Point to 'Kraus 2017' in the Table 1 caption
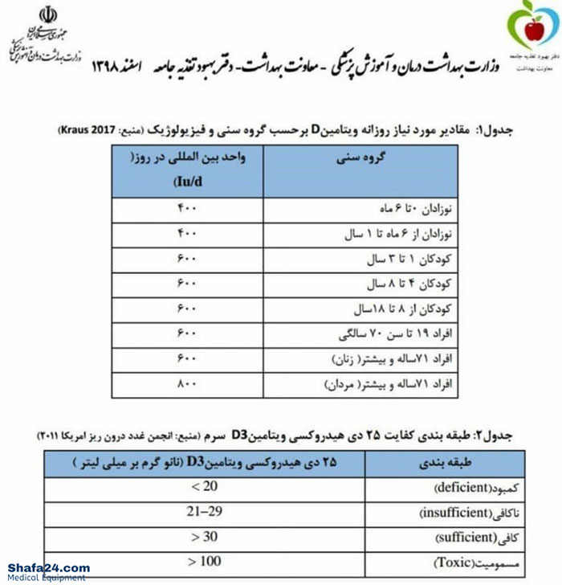(x=83, y=129)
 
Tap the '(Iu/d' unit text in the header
(x=187, y=183)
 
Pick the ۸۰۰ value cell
(x=186, y=385)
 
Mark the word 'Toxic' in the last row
(x=452, y=562)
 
